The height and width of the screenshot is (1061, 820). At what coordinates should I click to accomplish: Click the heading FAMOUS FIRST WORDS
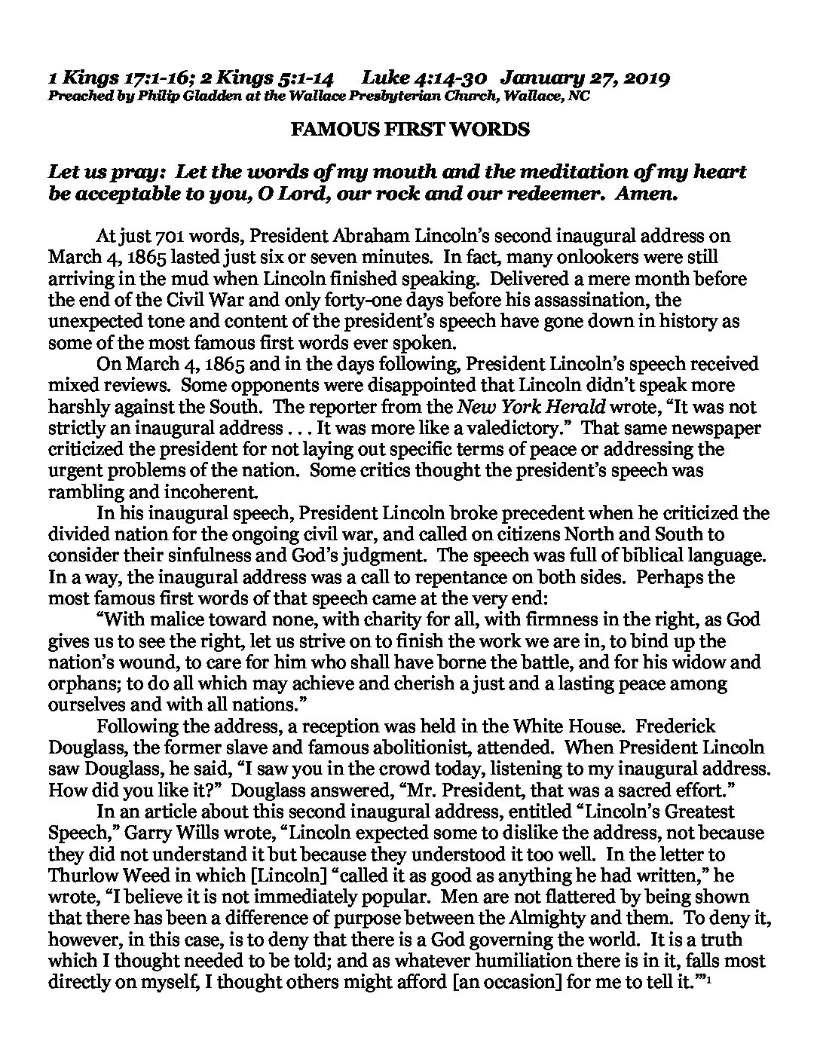pos(410,130)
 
